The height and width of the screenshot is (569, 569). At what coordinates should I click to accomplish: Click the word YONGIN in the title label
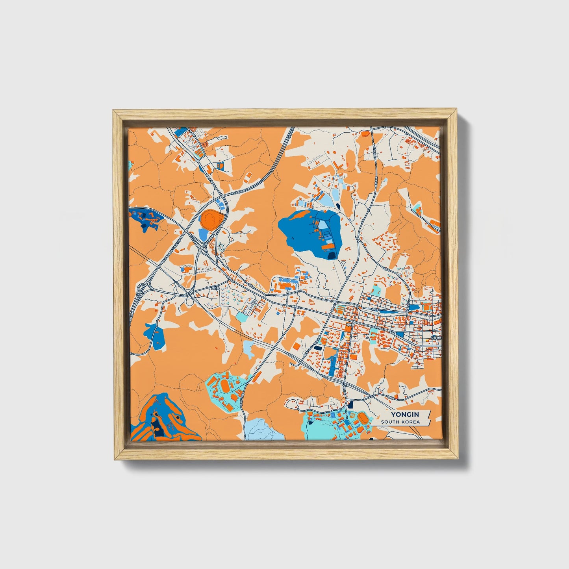coord(405,414)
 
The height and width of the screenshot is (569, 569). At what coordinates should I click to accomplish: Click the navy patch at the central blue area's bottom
coord(332,256)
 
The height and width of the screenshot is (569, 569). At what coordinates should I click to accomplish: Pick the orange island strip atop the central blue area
coord(299,215)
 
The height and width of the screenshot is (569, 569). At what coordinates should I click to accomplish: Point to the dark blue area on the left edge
coord(144,218)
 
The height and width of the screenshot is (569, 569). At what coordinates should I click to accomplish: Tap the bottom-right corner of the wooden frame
coord(458,459)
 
